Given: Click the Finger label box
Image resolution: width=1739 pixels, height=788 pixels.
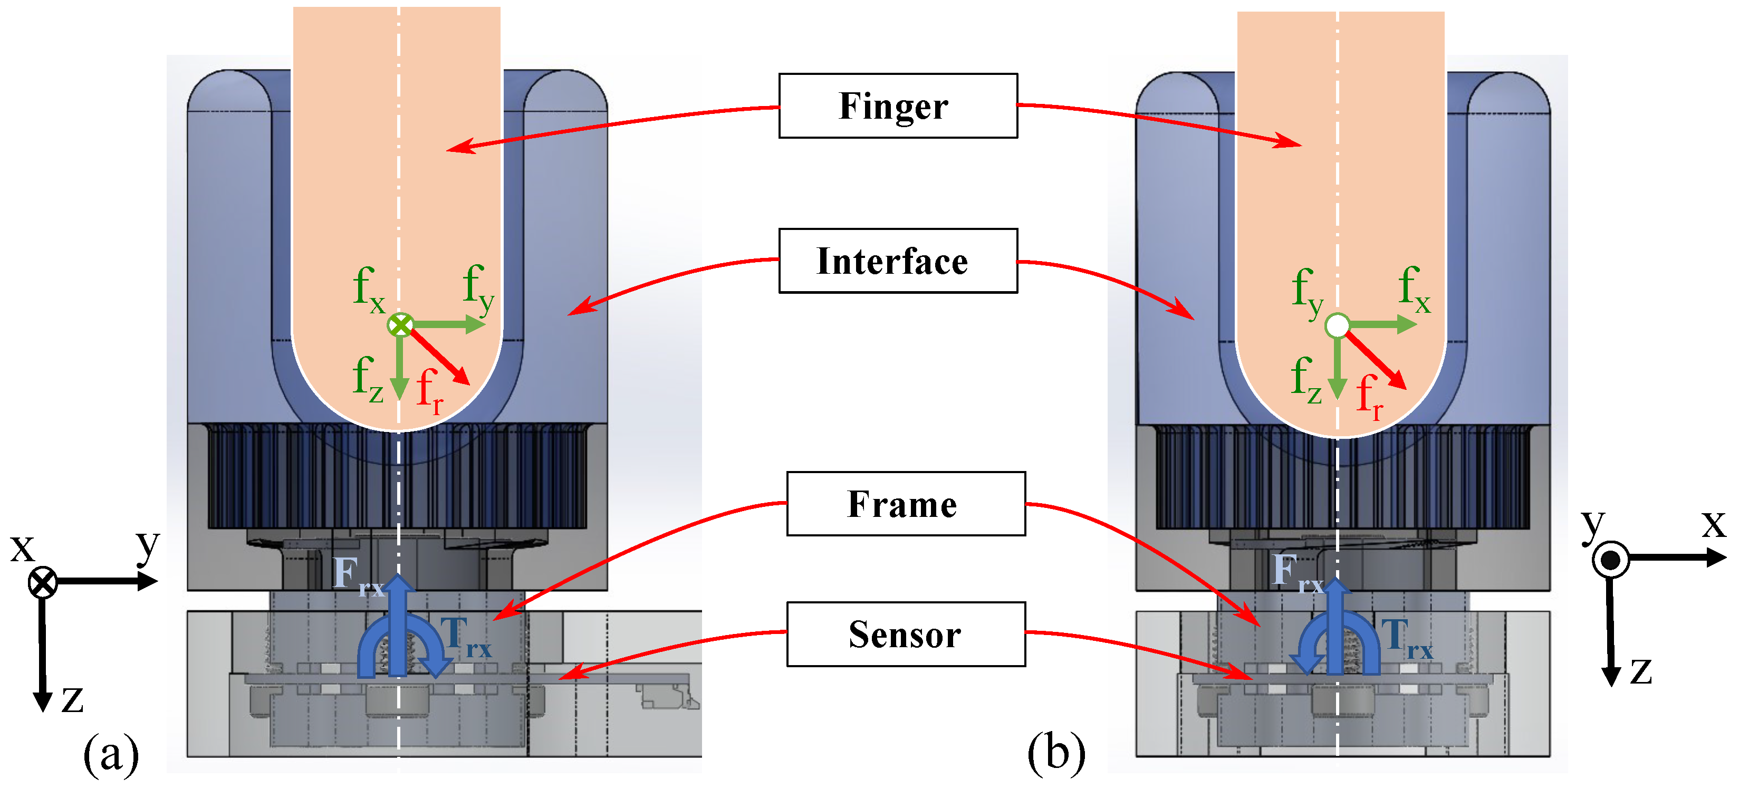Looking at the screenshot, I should tap(897, 106).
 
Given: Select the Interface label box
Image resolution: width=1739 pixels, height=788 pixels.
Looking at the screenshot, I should tap(897, 261).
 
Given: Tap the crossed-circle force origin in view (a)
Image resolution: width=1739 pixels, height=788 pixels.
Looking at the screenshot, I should tap(400, 325).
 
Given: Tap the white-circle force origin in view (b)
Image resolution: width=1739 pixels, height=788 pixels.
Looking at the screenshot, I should tap(1337, 325).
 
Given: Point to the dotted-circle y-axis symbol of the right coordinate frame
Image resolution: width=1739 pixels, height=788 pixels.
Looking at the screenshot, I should tap(1610, 560).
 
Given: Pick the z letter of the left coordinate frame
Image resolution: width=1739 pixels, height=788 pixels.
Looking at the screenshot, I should tap(72, 699).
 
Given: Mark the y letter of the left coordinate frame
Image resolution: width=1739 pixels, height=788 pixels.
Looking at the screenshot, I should tap(147, 544).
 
